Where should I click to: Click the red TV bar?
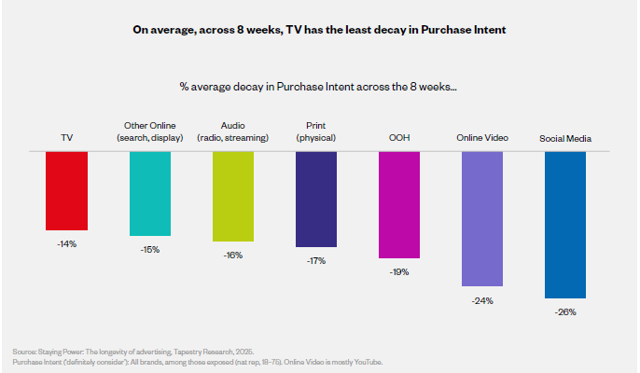[x=66, y=190]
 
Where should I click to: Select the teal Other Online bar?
[x=149, y=193]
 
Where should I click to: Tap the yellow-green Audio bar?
[x=232, y=196]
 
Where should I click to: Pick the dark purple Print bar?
[x=315, y=199]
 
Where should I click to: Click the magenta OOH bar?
[x=399, y=204]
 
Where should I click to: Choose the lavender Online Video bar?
[x=482, y=218]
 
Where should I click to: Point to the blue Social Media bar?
[x=565, y=224]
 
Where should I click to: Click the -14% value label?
[x=66, y=243]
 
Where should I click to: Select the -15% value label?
[x=149, y=249]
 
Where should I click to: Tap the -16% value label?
[x=232, y=255]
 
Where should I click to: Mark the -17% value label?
[x=315, y=260]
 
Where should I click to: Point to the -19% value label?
[x=399, y=271]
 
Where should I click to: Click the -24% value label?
[x=482, y=300]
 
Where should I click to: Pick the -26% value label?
[x=565, y=311]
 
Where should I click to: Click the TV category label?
[x=66, y=138]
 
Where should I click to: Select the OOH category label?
[x=399, y=138]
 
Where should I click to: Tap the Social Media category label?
[x=565, y=139]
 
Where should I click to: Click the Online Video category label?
[x=482, y=138]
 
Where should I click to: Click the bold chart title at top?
[x=320, y=30]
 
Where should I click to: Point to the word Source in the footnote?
[x=23, y=351]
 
